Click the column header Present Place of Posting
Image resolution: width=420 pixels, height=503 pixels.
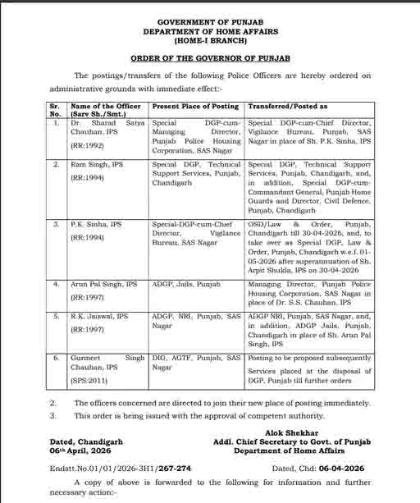[195, 107]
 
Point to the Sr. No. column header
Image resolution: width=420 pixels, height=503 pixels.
[55, 110]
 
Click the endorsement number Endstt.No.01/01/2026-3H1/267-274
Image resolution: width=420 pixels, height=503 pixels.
[120, 469]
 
